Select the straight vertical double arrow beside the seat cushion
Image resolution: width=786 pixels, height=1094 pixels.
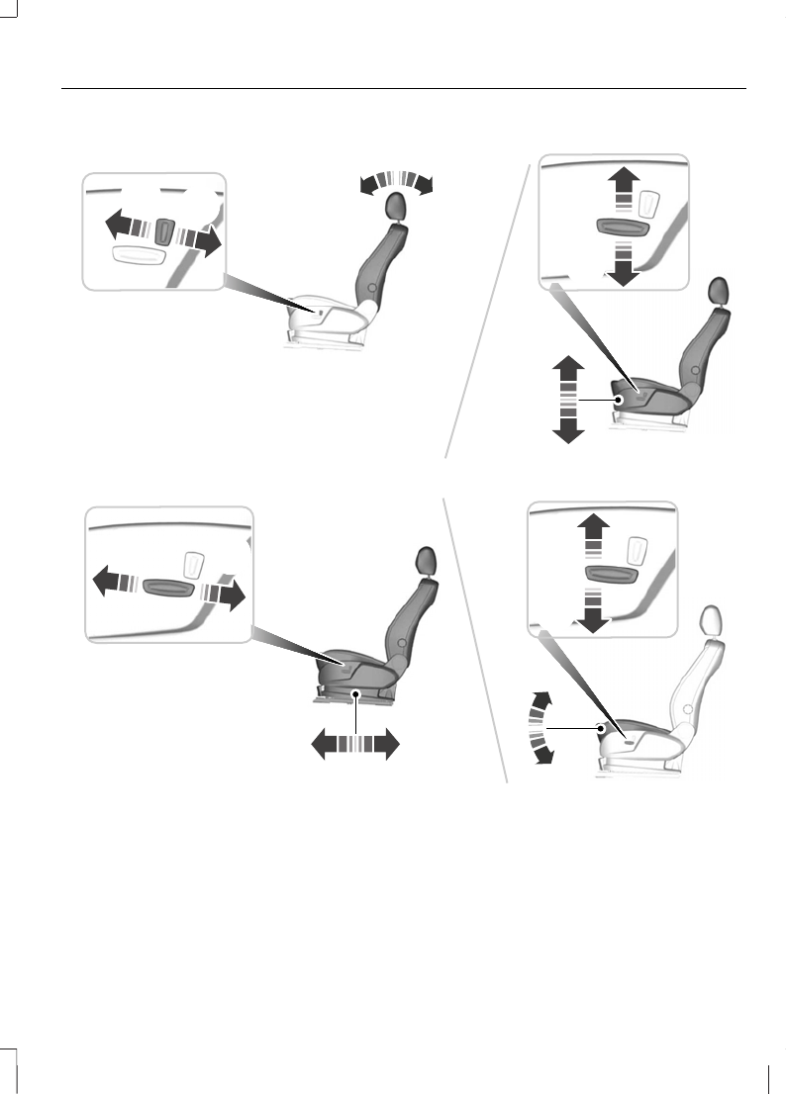[x=567, y=401]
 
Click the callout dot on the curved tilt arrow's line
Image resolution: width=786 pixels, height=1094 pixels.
[x=601, y=728]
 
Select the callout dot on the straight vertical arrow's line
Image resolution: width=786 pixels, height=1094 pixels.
[x=617, y=400]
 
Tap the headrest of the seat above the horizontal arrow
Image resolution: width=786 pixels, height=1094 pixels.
[x=427, y=560]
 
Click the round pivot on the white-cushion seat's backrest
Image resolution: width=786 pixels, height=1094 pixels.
[x=370, y=287]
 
